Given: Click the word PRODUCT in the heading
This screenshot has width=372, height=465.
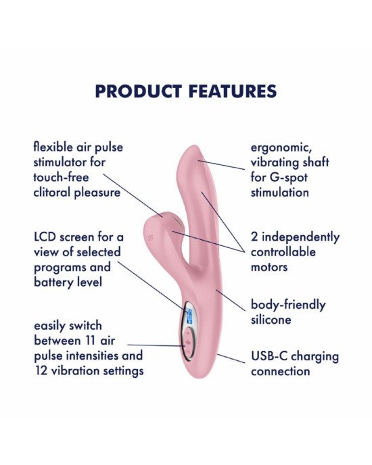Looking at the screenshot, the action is [x=139, y=91].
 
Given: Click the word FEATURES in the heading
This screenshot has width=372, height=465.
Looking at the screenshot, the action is [x=233, y=91].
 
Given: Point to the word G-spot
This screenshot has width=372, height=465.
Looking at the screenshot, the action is [x=289, y=178].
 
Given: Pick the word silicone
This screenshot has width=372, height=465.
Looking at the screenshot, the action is [x=271, y=320].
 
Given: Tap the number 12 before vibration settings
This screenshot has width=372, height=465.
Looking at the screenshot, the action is [x=41, y=370].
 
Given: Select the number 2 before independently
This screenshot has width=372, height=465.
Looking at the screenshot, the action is [x=254, y=237].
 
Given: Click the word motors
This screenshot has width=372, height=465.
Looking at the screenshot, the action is [x=269, y=267].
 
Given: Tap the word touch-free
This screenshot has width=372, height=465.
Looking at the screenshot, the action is [x=61, y=177].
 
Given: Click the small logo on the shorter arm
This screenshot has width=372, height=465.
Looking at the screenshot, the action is [x=150, y=237].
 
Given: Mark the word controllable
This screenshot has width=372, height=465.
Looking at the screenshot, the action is [x=283, y=252].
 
